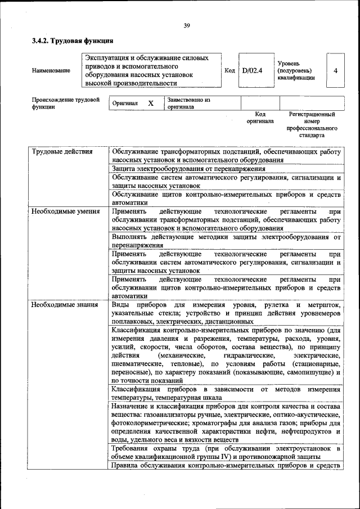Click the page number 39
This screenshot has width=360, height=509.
tap(186, 25)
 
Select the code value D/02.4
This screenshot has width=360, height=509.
tap(252, 70)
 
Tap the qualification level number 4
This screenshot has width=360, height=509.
tap(335, 70)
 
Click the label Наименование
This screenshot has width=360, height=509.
tap(51, 71)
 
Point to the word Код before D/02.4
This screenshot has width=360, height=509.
tap(229, 70)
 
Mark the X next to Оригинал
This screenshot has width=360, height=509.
tap(151, 103)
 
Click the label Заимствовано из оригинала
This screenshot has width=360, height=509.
tap(187, 103)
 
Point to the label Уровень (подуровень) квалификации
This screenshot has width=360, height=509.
tap(296, 70)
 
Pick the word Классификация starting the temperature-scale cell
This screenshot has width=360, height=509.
tap(137, 390)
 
